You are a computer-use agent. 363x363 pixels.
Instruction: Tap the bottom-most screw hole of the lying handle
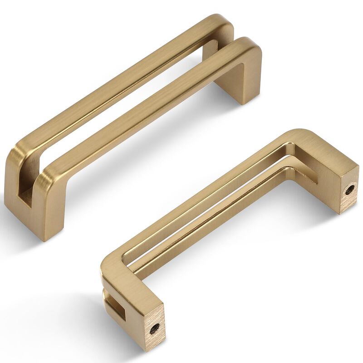pyautogui.click(x=155, y=327)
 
